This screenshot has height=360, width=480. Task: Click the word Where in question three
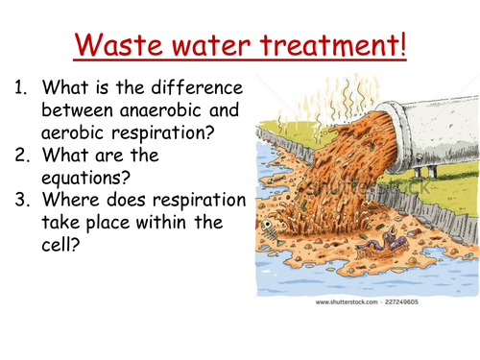pos(72,199)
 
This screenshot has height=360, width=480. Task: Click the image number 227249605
pos(421,301)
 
